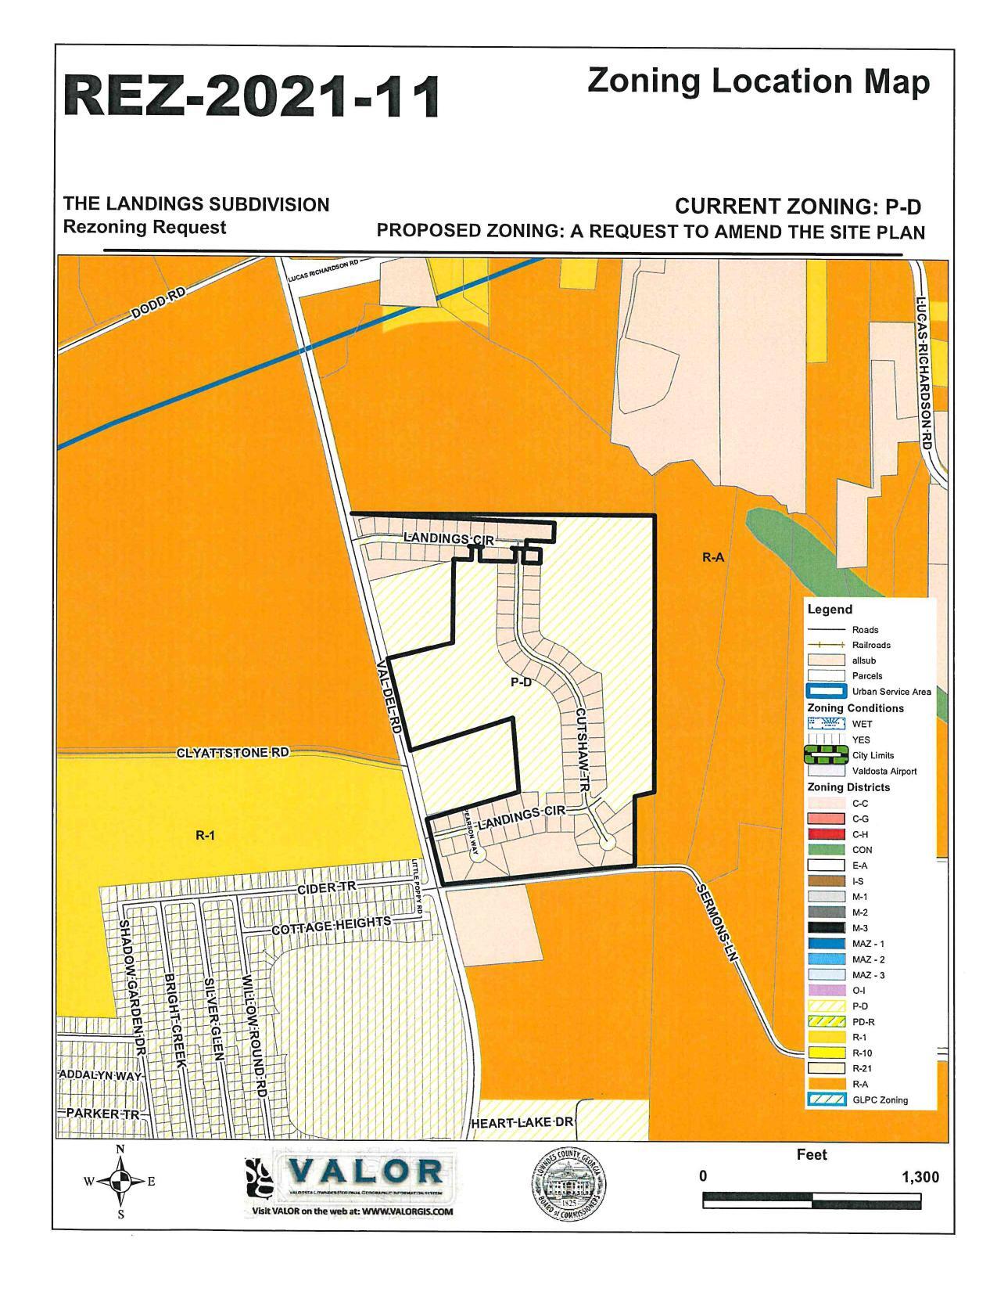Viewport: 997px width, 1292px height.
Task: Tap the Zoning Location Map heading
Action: [758, 81]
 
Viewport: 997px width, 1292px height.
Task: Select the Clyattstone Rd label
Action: [233, 753]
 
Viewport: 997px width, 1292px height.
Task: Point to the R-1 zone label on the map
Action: [205, 835]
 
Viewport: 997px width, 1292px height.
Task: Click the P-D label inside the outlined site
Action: [521, 682]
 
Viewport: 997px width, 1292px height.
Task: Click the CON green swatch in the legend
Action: [827, 850]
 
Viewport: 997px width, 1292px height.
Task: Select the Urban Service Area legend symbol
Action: [827, 692]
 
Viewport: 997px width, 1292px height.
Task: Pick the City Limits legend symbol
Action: [827, 755]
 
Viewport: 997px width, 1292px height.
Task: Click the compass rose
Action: [120, 1182]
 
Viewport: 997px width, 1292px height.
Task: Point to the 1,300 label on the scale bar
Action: [920, 1177]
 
